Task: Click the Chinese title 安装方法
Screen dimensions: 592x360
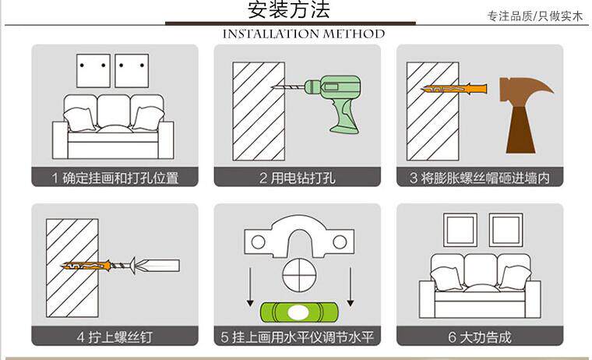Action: click(289, 10)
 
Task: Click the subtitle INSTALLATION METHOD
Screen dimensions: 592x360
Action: click(304, 34)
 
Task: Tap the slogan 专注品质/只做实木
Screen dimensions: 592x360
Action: click(534, 16)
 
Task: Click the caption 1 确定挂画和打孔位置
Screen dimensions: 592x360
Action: click(115, 178)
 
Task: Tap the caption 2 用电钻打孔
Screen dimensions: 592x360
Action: click(297, 178)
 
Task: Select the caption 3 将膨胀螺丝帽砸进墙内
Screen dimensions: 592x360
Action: click(479, 178)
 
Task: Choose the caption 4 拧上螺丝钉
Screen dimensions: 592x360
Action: click(115, 337)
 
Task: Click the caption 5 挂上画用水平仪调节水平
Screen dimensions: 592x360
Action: click(297, 337)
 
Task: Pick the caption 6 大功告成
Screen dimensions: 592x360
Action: click(479, 337)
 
